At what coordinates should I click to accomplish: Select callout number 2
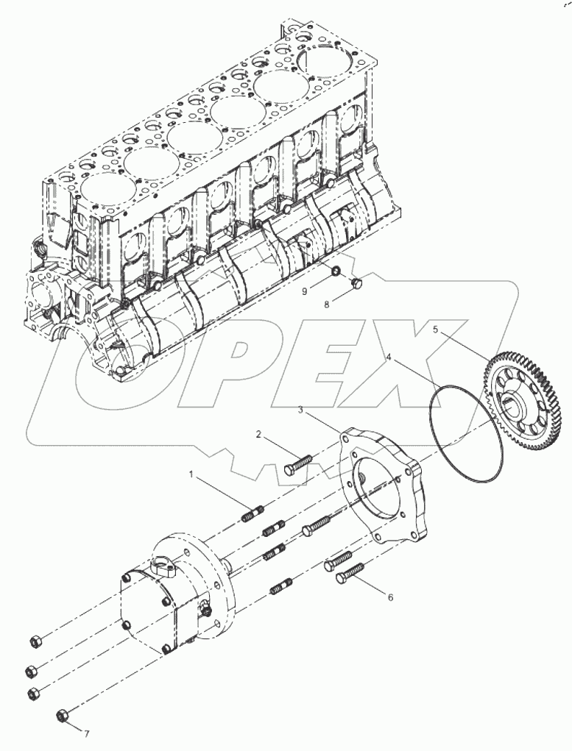(258, 435)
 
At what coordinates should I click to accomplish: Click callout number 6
(390, 597)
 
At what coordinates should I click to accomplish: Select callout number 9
(303, 291)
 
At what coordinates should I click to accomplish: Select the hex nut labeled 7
(63, 715)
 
